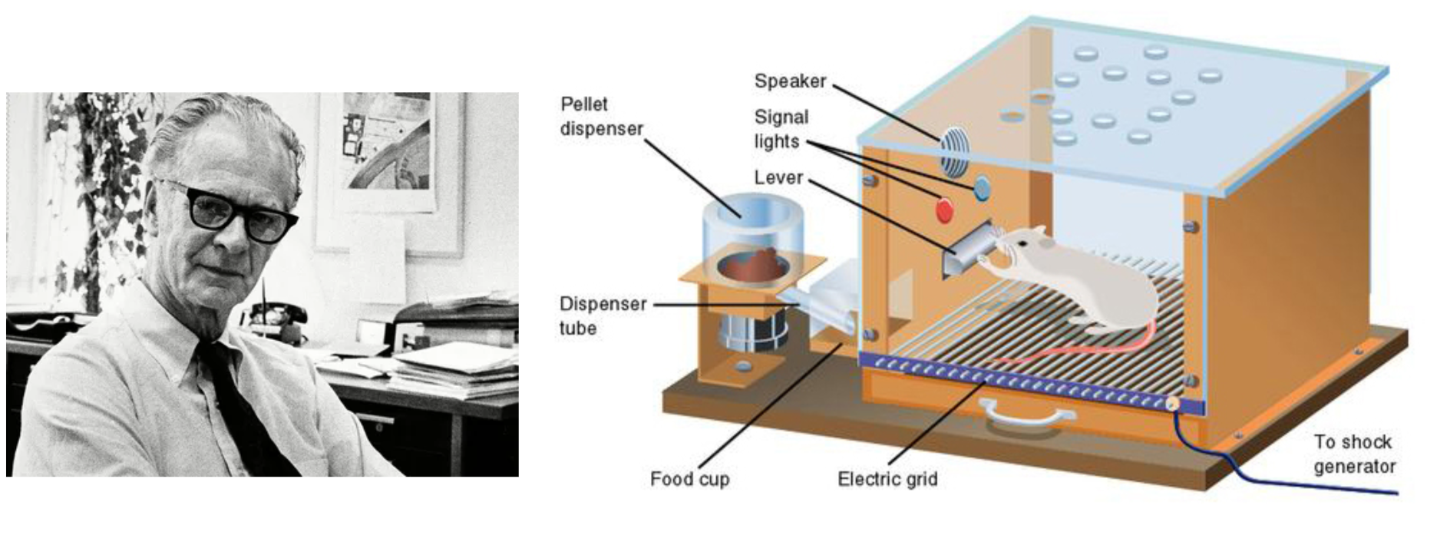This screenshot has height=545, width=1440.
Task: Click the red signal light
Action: point(944,210)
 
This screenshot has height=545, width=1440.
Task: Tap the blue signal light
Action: point(982,187)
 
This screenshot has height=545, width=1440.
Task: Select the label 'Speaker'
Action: point(790,81)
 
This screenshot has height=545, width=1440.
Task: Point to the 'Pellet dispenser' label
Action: point(601,117)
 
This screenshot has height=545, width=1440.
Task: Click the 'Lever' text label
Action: point(778,178)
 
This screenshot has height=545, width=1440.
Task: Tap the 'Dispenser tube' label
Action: point(603,315)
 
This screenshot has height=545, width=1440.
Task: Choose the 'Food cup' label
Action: point(689,479)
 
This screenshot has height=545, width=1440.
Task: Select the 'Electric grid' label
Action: point(887,480)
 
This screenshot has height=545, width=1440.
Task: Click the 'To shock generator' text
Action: point(1353,454)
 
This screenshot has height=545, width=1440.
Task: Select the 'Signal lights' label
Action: point(780,129)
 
